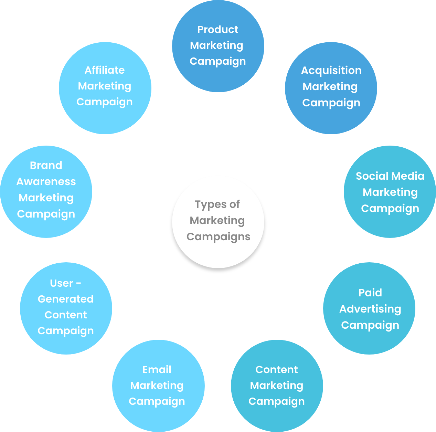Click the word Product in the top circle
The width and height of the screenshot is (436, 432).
pos(217,30)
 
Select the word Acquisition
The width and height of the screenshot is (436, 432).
pos(331,71)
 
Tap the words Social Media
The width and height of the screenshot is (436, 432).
pos(390,176)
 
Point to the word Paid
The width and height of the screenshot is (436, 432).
pos(370,293)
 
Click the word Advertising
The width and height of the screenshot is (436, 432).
pos(370,309)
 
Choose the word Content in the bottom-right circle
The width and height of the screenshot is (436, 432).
pos(277,370)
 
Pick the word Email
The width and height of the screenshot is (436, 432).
pos(157,370)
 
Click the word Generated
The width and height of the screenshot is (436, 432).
pos(65,299)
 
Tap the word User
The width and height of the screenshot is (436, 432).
pos(62,283)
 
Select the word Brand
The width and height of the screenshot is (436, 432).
pos(46,166)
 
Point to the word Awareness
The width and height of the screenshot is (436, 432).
pos(46,182)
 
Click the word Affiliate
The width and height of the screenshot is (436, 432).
pos(105,70)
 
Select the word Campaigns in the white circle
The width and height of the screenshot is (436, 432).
pos(218,237)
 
